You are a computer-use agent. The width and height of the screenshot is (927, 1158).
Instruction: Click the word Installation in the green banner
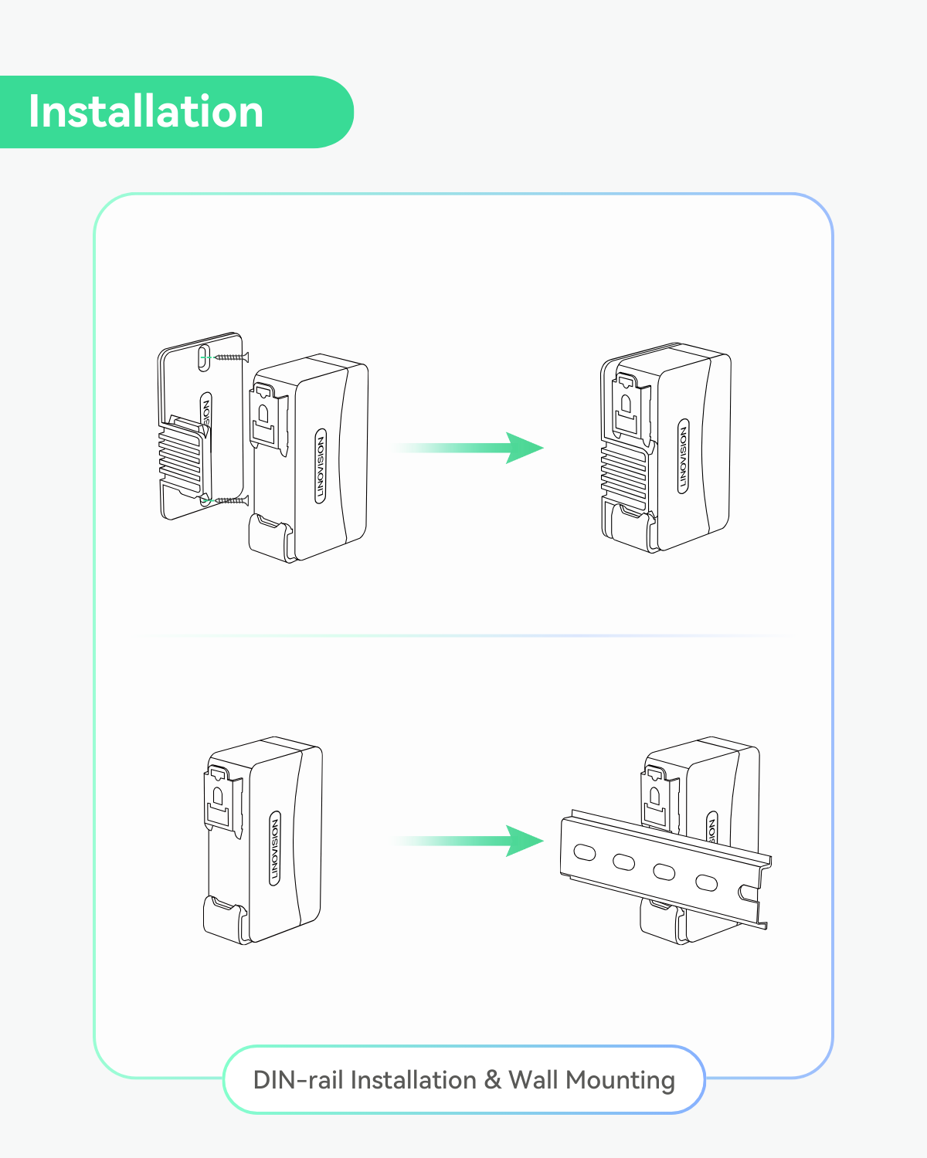coord(146,112)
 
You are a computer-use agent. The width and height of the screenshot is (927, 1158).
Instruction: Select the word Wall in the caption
coord(533,1080)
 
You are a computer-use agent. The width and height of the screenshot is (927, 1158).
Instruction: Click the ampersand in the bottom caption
coord(493,1080)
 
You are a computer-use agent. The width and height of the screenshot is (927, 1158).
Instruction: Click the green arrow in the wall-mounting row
coord(471,448)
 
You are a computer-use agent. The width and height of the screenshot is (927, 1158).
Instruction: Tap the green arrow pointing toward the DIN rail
coord(471,841)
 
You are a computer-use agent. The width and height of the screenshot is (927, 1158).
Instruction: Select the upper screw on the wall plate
coord(232,357)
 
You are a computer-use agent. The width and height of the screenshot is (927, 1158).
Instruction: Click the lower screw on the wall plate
coord(228,501)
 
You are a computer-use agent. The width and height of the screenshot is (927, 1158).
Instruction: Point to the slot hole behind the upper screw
coord(203,357)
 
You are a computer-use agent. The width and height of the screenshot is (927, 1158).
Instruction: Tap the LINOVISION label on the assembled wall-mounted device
coord(683,456)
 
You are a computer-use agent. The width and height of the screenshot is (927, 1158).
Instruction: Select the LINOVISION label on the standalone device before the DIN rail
coord(275,848)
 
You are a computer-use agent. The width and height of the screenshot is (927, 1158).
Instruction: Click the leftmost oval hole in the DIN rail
coord(585,852)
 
